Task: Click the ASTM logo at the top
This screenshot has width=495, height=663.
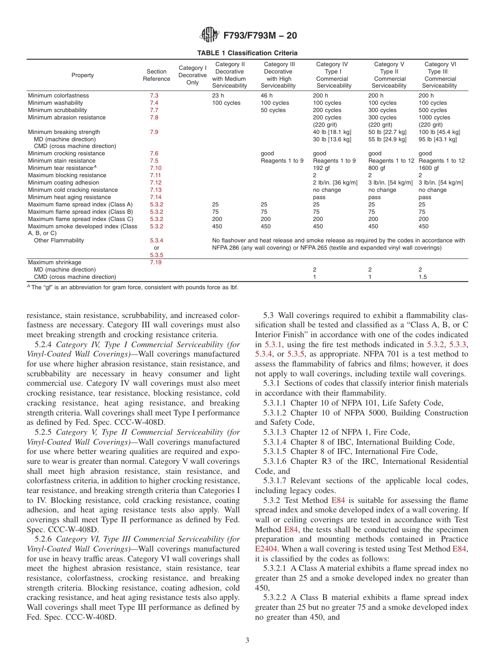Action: pyautogui.click(x=209, y=35)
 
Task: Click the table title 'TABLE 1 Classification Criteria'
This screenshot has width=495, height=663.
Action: pyautogui.click(x=247, y=53)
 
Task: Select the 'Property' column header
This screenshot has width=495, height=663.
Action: pyautogui.click(x=82, y=75)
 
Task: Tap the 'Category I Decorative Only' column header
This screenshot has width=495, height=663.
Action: pyautogui.click(x=192, y=75)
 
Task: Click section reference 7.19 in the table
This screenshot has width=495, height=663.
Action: pyautogui.click(x=156, y=262)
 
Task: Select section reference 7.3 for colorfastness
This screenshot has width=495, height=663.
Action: pyautogui.click(x=154, y=96)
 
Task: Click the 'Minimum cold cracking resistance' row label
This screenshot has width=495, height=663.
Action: pyautogui.click(x=73, y=190)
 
